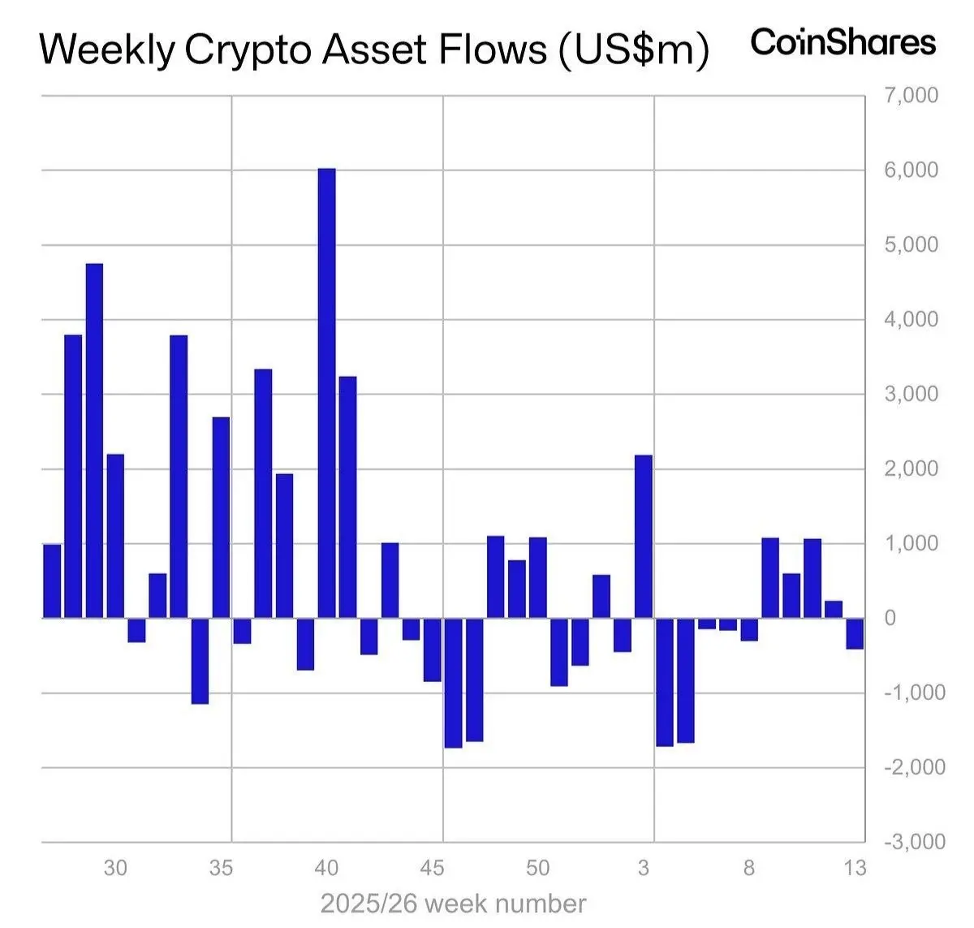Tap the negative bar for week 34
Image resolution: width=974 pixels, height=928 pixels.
[200, 661]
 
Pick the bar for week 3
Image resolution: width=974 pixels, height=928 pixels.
[644, 537]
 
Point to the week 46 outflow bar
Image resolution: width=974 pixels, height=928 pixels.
[454, 683]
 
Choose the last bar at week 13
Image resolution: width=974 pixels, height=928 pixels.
[855, 633]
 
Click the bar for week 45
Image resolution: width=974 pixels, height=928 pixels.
[433, 650]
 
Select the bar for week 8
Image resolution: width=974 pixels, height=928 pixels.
[749, 629]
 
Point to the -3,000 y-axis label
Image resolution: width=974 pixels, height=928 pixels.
[915, 842]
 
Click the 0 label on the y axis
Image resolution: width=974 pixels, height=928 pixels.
[890, 618]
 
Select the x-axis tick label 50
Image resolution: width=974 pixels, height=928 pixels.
[537, 869]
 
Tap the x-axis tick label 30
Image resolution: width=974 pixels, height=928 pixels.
[115, 869]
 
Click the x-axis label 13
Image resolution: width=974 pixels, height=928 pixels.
[855, 869]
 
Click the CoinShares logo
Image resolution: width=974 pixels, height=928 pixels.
[843, 42]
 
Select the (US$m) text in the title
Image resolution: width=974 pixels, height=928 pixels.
[633, 50]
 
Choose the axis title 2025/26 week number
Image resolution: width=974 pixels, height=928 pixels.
[453, 904]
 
